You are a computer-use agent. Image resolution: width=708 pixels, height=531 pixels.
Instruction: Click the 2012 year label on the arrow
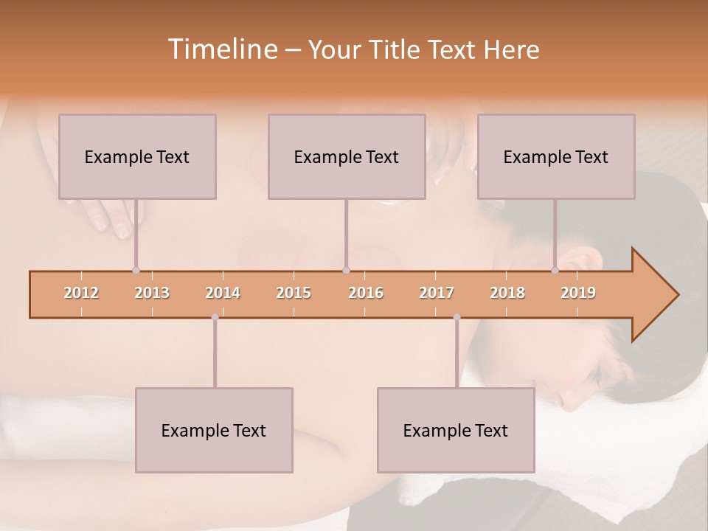(81, 293)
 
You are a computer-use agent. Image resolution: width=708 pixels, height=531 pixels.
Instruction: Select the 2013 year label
(152, 293)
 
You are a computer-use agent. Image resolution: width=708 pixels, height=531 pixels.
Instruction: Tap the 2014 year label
(223, 293)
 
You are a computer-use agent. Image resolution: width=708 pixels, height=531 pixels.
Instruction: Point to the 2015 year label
(294, 293)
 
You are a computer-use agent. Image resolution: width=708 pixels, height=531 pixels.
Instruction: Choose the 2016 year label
(366, 293)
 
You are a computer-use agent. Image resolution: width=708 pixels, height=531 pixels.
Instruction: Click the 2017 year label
(437, 293)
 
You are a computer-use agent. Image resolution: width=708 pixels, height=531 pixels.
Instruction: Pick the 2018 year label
(507, 293)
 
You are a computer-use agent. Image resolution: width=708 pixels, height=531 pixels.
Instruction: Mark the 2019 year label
(578, 293)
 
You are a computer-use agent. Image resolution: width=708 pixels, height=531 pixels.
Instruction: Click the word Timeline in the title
(221, 49)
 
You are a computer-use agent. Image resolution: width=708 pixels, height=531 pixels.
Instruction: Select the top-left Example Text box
(137, 156)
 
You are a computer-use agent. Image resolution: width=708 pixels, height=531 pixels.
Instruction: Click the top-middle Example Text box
(347, 156)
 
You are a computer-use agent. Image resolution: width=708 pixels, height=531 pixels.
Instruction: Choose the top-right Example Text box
(556, 156)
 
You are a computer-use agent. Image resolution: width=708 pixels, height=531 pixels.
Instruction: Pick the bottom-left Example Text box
(214, 430)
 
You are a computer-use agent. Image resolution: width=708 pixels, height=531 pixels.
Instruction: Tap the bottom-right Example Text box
(456, 430)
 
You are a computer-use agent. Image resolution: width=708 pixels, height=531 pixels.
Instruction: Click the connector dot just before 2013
(136, 271)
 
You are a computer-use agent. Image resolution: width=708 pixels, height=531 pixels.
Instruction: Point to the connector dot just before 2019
(555, 271)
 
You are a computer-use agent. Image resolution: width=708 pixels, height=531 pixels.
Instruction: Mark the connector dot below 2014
(215, 317)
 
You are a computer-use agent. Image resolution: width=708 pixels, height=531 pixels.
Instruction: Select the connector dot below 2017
(457, 317)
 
